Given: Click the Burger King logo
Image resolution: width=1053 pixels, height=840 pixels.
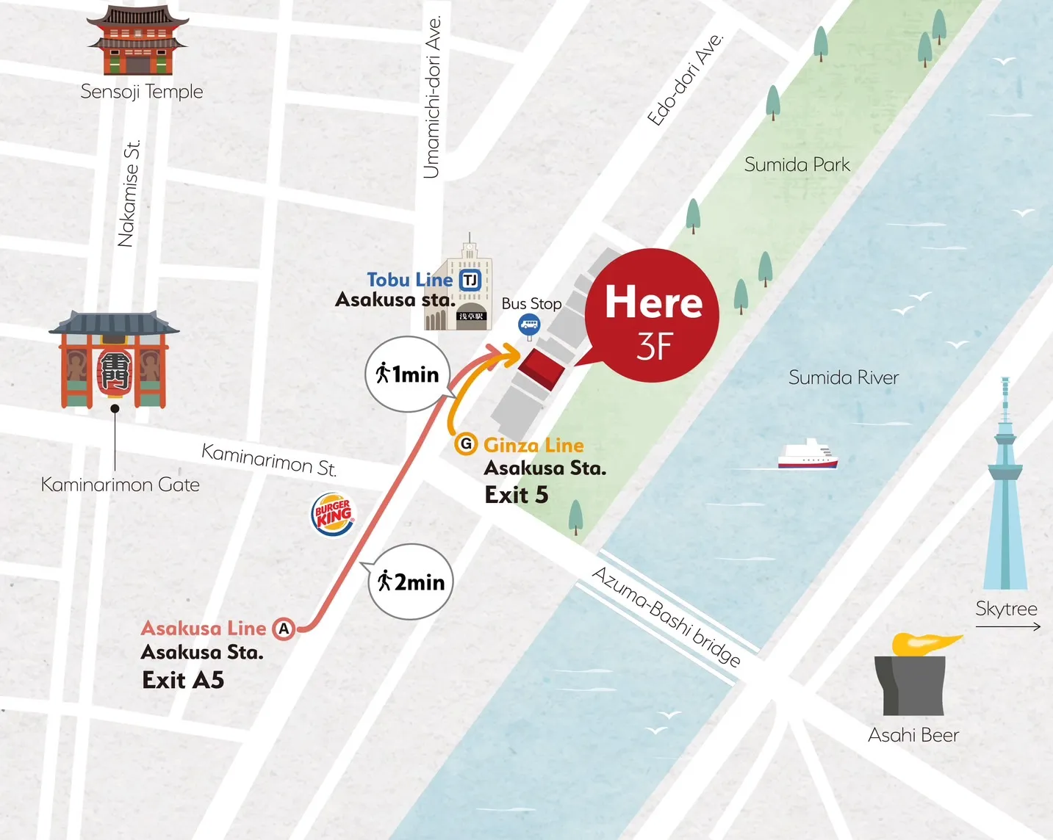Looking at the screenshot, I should coord(334,515).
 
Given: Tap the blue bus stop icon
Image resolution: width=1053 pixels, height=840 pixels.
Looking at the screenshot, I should coord(529,325).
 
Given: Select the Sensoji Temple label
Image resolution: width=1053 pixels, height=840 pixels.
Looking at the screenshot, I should coord(141,92).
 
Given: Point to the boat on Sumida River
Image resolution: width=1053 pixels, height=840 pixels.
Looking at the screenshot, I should coord(808,455).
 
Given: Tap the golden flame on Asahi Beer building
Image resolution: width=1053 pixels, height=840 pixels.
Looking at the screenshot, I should coord(924,643).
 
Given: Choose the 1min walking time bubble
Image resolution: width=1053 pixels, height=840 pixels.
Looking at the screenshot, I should coord(408,374).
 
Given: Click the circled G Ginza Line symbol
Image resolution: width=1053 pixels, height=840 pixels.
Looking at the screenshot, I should coord(465,444).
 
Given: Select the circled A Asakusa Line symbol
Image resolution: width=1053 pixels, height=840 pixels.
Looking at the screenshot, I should coord(284,629).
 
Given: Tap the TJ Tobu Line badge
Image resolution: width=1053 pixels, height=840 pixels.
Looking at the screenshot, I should coord(470,280).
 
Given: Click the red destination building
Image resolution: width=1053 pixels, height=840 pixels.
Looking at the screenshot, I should coord(542,369).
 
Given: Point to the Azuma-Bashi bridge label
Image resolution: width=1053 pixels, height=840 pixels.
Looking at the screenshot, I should coord(666,617).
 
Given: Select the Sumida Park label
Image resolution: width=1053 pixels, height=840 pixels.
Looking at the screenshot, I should coord(797,164).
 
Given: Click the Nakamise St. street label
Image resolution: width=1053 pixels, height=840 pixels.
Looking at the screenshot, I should coord(129,194).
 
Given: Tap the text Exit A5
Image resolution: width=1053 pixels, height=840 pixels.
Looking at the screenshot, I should coord(183,681).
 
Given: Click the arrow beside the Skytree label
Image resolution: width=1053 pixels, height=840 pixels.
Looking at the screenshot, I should coord(1007,626).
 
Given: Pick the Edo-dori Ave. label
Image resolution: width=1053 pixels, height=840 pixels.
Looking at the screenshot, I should coord(685,80).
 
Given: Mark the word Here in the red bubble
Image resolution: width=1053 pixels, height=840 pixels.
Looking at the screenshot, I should coord(653,303).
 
